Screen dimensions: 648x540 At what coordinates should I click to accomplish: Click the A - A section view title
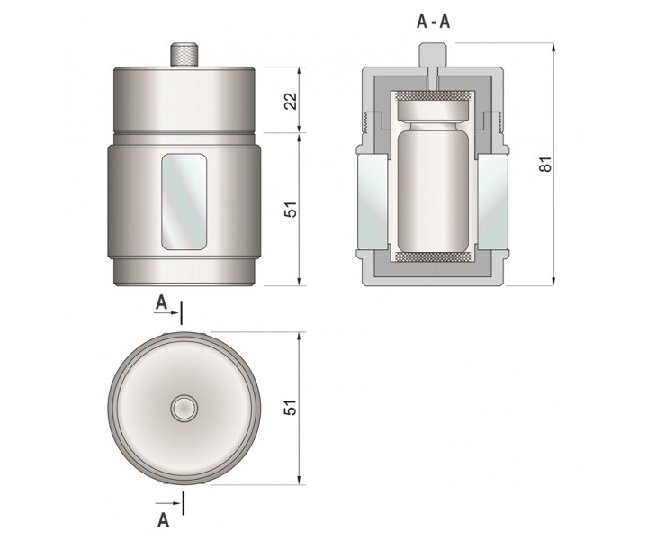[x=433, y=22]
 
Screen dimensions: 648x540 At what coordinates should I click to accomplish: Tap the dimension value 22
[x=292, y=101]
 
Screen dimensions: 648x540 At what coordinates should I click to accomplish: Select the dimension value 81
[x=546, y=164]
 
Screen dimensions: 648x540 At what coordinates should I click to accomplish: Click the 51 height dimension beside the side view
[x=292, y=210]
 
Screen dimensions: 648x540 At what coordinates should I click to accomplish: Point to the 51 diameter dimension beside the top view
[x=292, y=408]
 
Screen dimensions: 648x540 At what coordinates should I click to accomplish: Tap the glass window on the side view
[x=184, y=202]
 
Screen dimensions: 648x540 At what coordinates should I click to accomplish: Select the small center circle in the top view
[x=184, y=409]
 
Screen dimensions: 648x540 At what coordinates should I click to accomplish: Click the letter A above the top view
[x=161, y=303]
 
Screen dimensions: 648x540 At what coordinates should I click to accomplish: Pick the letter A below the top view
[x=164, y=520]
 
